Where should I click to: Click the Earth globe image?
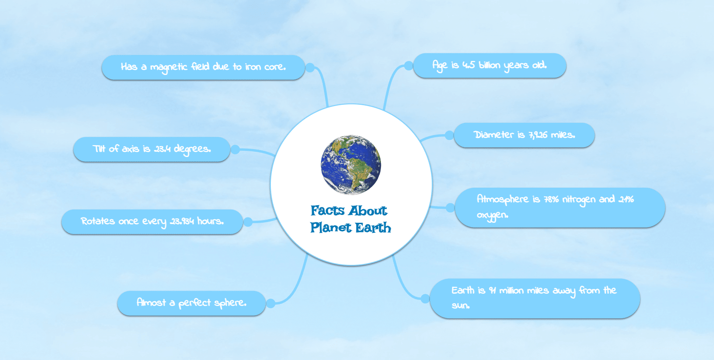tap(351, 164)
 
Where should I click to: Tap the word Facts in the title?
tap(328, 210)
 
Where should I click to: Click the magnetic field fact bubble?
tap(203, 67)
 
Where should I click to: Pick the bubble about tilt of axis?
tap(152, 149)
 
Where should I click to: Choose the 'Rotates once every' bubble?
tap(153, 221)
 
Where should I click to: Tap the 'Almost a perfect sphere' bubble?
tap(192, 303)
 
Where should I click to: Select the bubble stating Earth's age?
tap(490, 65)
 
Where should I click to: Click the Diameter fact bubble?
tap(524, 135)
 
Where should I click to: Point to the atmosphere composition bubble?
tap(560, 207)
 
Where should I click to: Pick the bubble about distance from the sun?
tap(535, 299)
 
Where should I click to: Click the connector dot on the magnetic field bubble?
tap(310, 68)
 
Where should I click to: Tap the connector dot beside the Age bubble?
tap(409, 66)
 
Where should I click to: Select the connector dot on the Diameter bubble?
tap(449, 135)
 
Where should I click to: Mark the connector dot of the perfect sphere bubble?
tap(270, 303)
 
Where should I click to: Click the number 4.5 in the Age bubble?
tap(469, 65)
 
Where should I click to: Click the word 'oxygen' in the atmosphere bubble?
tap(492, 215)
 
